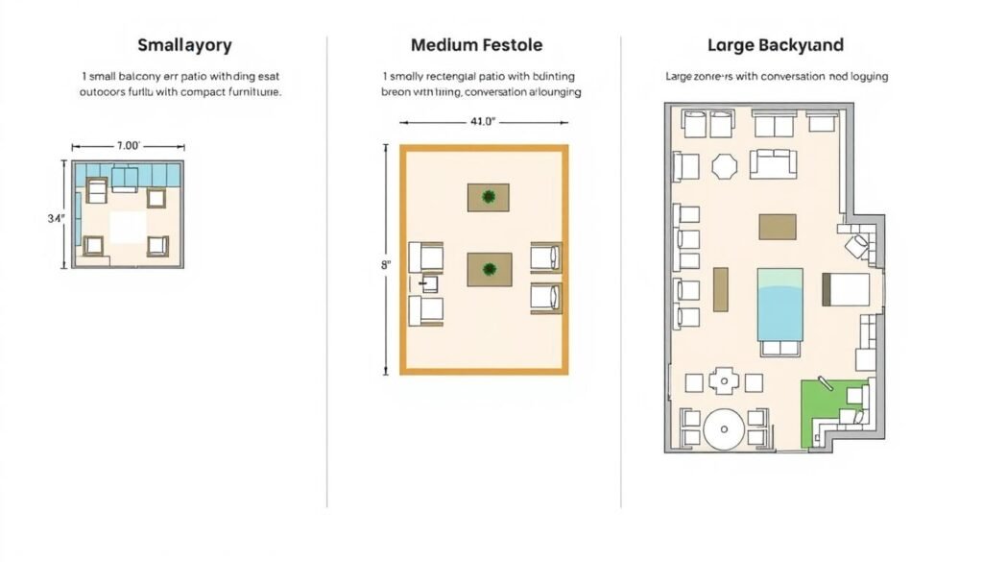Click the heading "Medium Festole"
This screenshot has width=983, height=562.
tap(476, 45)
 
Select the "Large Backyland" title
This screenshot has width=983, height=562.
tap(775, 45)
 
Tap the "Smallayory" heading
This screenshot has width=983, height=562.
tap(184, 45)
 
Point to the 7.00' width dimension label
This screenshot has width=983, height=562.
tap(128, 146)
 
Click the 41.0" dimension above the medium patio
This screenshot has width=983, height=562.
tap(482, 122)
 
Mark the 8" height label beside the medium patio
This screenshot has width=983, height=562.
tap(386, 263)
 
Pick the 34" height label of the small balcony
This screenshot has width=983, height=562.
tap(56, 218)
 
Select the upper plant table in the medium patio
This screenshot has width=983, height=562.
tap(489, 197)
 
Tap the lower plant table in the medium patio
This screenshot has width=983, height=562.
tap(489, 269)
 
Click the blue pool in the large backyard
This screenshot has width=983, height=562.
tap(779, 305)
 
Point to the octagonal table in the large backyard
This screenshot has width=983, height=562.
tap(724, 166)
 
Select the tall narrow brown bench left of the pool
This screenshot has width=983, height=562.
tap(720, 289)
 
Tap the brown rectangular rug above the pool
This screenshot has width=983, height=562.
tap(777, 227)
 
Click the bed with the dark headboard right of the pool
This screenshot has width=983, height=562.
tap(845, 289)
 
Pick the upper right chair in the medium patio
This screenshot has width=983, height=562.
tap(545, 257)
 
